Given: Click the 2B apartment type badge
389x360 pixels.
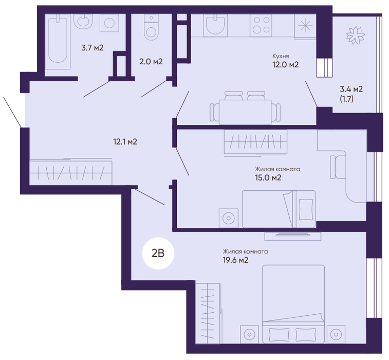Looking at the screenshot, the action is click(x=158, y=254).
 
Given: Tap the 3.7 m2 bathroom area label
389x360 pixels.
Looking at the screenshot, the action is click(x=92, y=48).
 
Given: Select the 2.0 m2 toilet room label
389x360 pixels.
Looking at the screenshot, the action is click(x=151, y=61).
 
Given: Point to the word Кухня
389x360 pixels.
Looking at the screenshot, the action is click(x=281, y=56).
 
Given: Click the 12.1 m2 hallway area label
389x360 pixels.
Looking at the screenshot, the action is click(x=125, y=142).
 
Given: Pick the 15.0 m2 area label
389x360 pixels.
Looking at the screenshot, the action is click(x=268, y=178).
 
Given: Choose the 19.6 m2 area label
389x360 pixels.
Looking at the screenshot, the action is click(x=235, y=260).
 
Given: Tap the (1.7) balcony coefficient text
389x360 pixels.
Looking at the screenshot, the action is click(x=346, y=99).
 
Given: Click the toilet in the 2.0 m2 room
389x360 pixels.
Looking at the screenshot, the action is click(x=151, y=27).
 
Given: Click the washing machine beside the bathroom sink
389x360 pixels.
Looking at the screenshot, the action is click(x=109, y=23).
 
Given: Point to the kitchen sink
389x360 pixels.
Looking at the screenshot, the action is click(x=215, y=25).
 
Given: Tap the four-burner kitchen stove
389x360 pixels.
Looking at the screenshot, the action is click(x=261, y=25).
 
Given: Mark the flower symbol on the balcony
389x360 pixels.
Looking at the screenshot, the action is click(x=356, y=35).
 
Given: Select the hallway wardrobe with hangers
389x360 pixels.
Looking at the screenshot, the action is click(x=71, y=173).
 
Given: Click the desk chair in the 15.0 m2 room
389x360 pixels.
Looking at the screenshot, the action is click(x=338, y=167).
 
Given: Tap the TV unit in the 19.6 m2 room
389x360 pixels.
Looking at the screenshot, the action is click(x=293, y=236).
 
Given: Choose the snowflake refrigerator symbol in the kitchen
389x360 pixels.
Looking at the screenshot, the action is click(x=305, y=26).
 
